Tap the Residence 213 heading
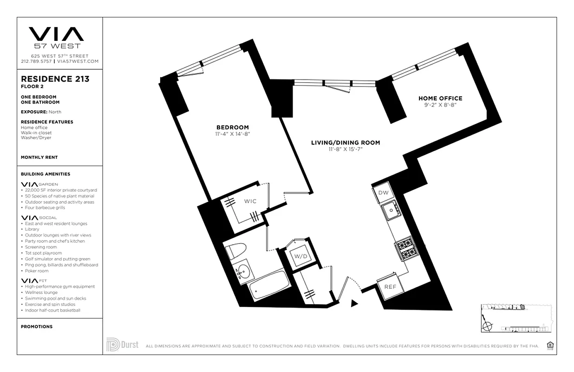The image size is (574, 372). pos(55,79)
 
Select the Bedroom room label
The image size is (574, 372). pos(232,127)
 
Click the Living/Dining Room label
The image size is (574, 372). pos(345,143)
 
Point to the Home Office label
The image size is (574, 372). pos(440,99)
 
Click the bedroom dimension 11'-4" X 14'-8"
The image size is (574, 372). pos(232,134)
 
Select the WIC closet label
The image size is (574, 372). pos(250,201)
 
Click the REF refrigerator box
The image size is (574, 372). pos(390,287)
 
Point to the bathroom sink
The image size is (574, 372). pos(243,273)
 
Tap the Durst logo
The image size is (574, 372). pos(122,345)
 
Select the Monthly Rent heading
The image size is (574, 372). pos(39,158)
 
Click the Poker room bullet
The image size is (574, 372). pos(37,271)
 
